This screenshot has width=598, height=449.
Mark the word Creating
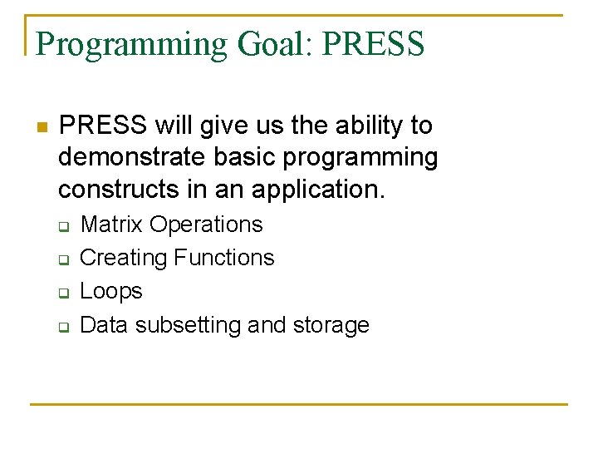(x=123, y=259)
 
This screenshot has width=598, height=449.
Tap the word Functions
(x=223, y=258)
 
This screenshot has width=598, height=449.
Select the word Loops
(x=111, y=292)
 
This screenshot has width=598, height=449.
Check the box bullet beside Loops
(x=62, y=294)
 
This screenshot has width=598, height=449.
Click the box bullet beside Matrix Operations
(x=62, y=226)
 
